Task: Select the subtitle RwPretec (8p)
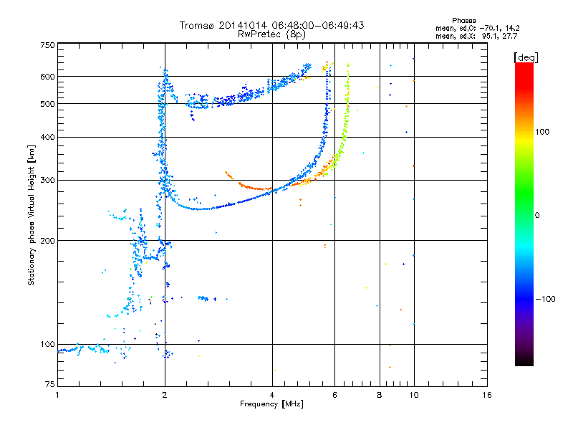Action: tap(271, 34)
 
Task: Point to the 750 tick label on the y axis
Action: tap(47, 45)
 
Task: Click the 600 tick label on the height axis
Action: tap(47, 77)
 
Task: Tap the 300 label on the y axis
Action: tap(47, 180)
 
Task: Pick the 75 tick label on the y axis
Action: tap(50, 384)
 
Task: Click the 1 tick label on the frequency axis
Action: tap(57, 395)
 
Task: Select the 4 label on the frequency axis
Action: tap(272, 395)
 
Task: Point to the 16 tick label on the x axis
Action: tap(487, 395)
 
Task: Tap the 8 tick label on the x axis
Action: tap(380, 395)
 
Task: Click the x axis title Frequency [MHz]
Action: tap(271, 404)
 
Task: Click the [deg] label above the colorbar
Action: tap(526, 57)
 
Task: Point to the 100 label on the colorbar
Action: tap(542, 132)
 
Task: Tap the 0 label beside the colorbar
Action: tap(536, 215)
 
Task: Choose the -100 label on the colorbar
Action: tap(545, 299)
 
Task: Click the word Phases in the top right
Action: tap(463, 21)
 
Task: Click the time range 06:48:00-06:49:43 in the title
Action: tap(318, 25)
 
